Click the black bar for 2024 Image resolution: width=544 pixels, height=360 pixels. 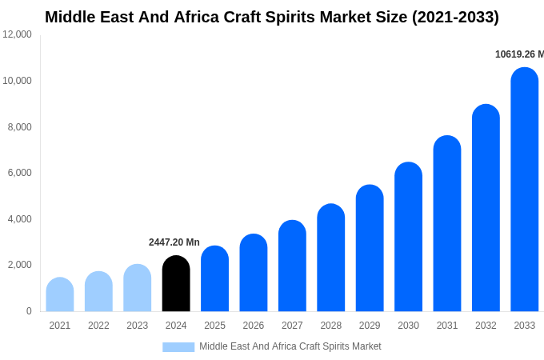[x=176, y=284]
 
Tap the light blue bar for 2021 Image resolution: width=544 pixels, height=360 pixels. [x=60, y=295]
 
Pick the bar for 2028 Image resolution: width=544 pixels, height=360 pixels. [x=331, y=258]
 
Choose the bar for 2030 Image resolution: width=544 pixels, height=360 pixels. [x=408, y=237]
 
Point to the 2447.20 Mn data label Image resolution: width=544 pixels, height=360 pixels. [x=174, y=242]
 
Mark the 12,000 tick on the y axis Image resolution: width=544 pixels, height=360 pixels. [x=18, y=34]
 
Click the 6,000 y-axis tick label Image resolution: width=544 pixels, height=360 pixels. [x=20, y=173]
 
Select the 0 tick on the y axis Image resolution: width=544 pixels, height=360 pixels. [x=29, y=311]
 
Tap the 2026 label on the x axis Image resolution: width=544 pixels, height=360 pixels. [x=254, y=326]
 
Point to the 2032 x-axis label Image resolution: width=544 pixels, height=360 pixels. [x=486, y=326]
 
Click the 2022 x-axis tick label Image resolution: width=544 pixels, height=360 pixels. [x=98, y=326]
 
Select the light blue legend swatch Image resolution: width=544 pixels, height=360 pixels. [x=178, y=347]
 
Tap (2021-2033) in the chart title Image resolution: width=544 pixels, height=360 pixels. [x=455, y=17]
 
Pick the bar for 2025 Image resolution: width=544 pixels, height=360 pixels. [x=214, y=278]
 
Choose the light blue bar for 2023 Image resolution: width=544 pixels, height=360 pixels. [x=138, y=288]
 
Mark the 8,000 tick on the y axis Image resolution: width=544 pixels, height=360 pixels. [x=20, y=127]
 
